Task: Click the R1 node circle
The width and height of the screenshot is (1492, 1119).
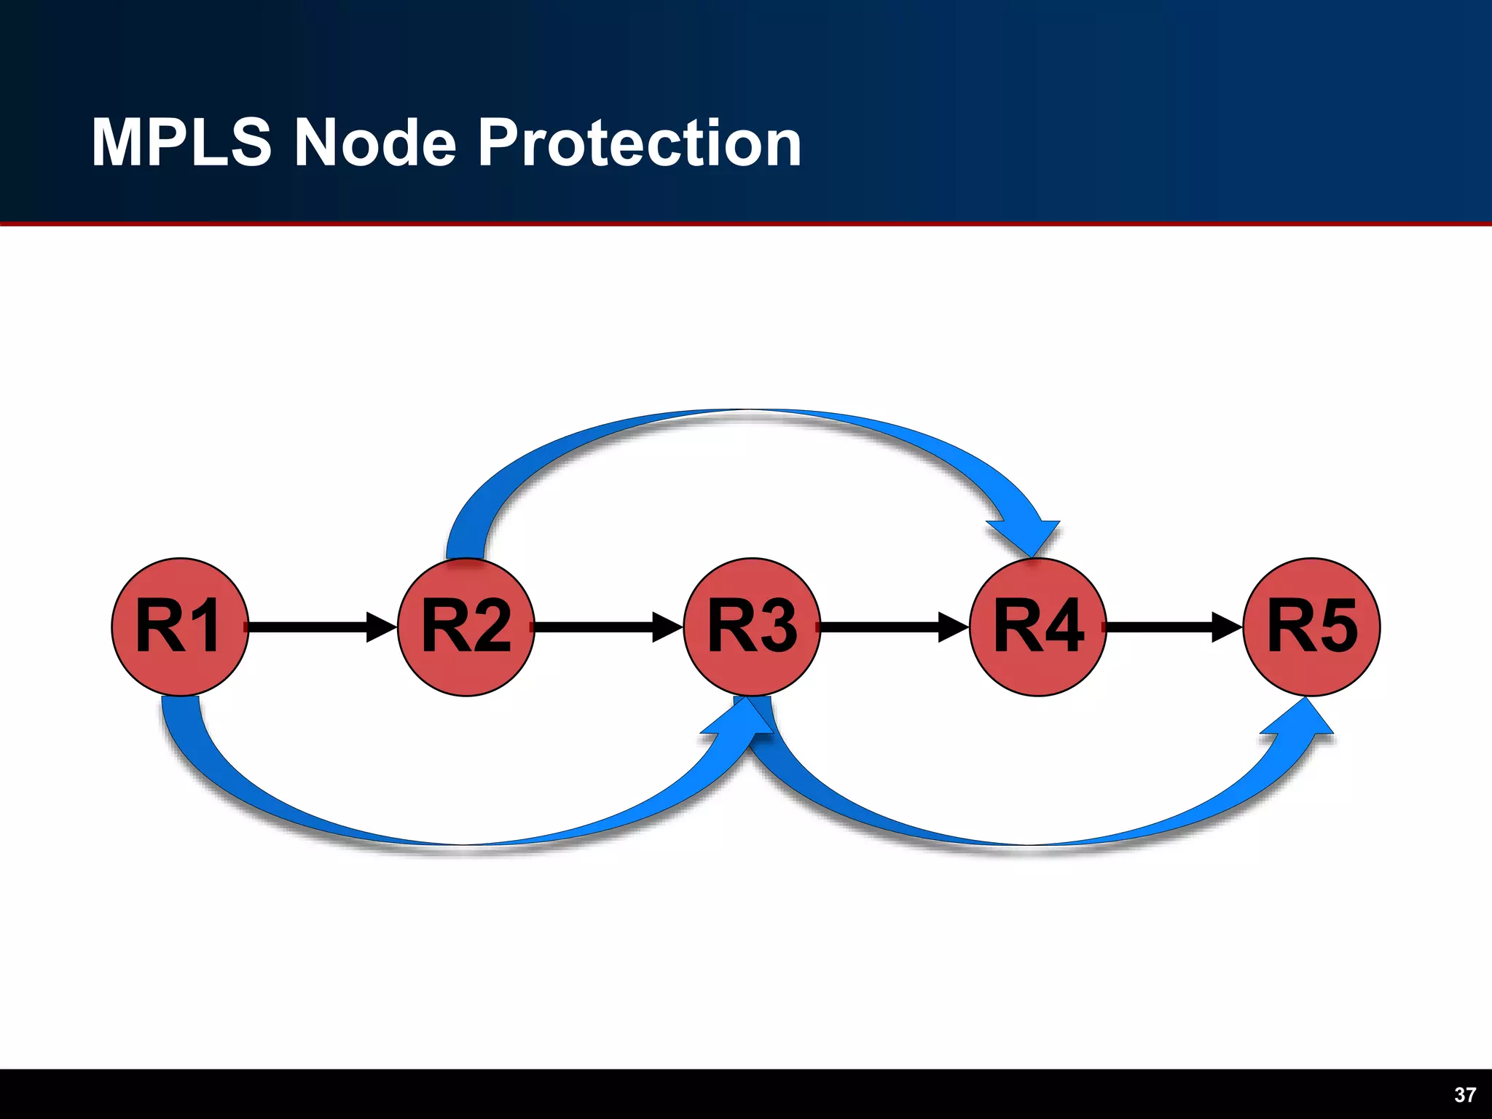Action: [180, 627]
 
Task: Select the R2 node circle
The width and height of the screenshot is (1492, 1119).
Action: [466, 627]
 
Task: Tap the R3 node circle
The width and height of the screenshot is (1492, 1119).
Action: [752, 627]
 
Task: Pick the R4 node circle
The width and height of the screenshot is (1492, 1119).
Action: [1038, 627]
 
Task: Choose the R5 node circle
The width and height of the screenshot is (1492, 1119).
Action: [1311, 627]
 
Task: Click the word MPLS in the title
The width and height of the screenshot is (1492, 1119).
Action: [181, 143]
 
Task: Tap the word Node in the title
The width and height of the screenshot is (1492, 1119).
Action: [374, 143]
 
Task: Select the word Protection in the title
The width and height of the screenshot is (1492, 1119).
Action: [640, 143]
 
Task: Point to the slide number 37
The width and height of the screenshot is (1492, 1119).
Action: [1464, 1095]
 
